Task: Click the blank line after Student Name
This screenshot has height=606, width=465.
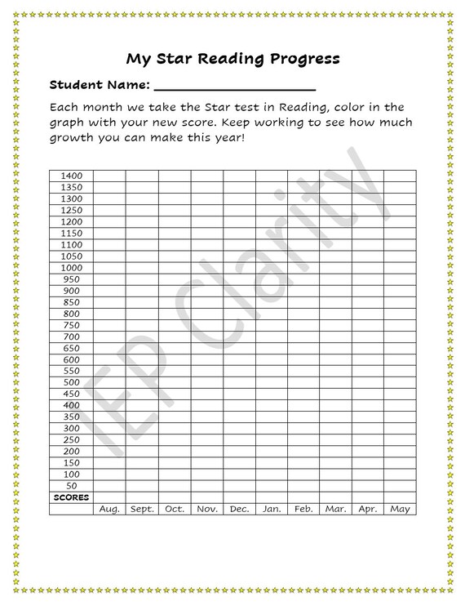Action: [x=234, y=86]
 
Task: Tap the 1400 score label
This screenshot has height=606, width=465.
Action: [x=72, y=176]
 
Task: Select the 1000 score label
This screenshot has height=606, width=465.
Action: [x=72, y=268]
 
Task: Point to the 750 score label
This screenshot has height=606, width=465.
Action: [x=72, y=325]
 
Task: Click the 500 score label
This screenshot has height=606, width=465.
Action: [x=72, y=382]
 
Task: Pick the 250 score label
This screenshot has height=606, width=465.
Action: [x=72, y=440]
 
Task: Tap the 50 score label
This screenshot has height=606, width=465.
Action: [x=72, y=486]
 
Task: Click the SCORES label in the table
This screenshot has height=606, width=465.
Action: [x=71, y=497]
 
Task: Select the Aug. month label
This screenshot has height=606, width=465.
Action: [x=109, y=510]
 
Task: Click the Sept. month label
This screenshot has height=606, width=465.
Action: [x=142, y=510]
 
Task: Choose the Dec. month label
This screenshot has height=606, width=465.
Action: [x=239, y=510]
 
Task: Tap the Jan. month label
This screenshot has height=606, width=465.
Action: [x=271, y=510]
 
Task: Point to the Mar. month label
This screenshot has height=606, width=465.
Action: [x=335, y=510]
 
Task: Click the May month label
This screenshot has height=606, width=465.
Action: [x=400, y=510]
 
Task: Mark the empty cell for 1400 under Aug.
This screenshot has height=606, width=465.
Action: [x=109, y=176]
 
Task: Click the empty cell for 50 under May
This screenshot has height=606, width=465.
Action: [x=400, y=486]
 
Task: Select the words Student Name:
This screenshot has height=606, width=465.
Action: [x=99, y=85]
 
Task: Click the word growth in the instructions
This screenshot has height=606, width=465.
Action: [x=77, y=137]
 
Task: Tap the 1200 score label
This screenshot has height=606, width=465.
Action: [x=72, y=221]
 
